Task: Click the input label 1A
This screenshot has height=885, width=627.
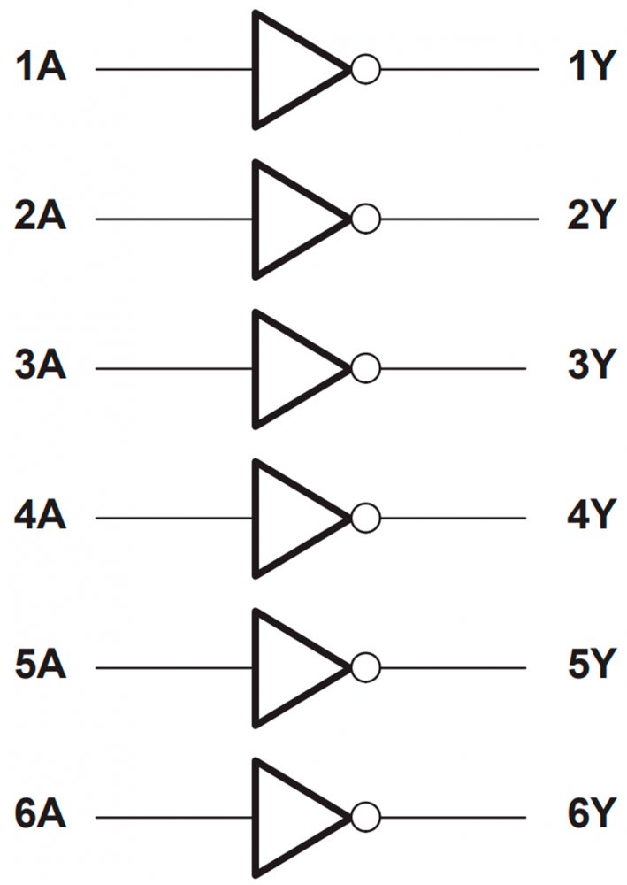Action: pos(41,67)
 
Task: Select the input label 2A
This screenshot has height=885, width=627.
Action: pos(41,217)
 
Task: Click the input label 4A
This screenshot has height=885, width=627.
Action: pos(41,516)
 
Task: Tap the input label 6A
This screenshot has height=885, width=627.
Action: pos(41,815)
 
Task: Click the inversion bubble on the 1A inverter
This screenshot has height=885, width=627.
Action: pos(364,69)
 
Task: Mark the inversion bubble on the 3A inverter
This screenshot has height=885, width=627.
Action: pos(364,368)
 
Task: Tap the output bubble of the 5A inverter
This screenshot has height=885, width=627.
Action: pos(364,667)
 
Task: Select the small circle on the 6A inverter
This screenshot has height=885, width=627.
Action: pos(364,816)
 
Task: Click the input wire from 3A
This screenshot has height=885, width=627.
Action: pos(173,368)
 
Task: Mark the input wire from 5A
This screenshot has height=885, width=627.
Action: pos(173,667)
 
